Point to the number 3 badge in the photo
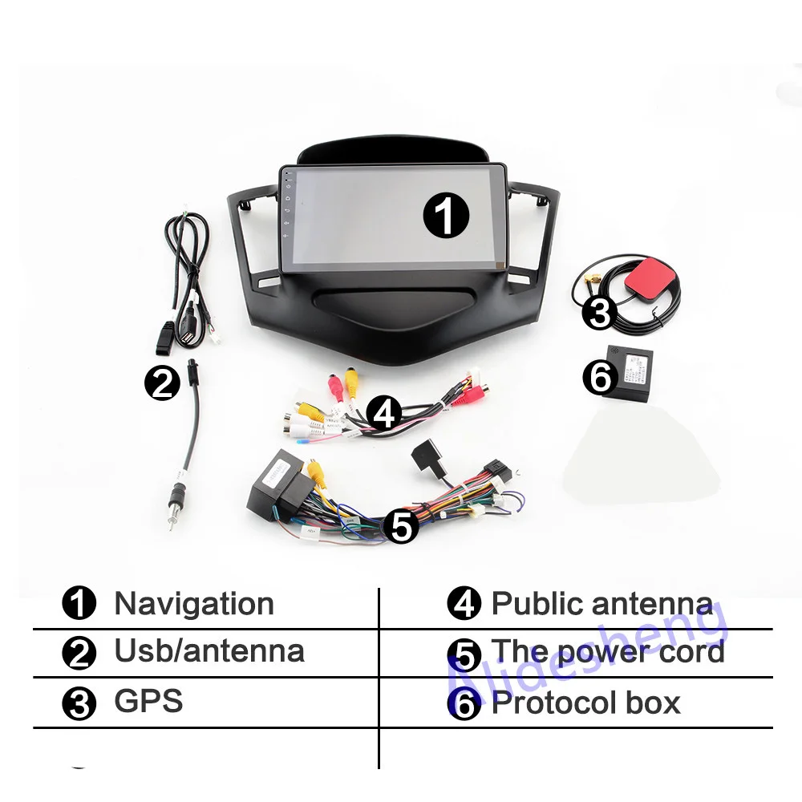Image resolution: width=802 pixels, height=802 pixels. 600,313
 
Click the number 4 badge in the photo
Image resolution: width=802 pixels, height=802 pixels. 385,414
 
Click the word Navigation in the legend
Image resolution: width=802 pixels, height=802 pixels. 194,604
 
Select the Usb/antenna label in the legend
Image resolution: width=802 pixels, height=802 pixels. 209,650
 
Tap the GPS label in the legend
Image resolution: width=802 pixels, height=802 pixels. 148,700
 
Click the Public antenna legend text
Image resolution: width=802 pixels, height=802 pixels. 601,604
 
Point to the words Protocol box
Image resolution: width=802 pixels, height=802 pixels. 585,703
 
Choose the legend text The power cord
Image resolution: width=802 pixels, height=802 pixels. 607,651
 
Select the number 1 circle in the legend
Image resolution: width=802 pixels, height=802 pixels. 79,605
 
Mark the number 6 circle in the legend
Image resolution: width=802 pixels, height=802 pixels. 464,704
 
